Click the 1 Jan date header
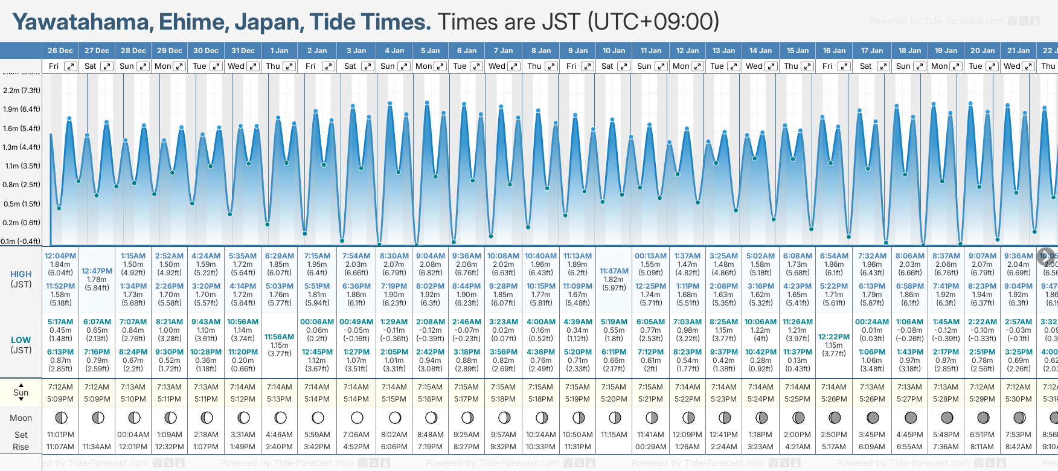279,51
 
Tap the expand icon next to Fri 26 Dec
71,66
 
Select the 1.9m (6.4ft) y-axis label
21,109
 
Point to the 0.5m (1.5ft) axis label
21,204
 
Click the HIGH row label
21,274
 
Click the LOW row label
21,340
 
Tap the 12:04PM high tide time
60,256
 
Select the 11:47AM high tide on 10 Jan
614,271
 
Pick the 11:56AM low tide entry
279,337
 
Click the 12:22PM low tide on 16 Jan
833,337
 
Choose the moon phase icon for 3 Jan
357,417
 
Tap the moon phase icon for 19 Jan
946,417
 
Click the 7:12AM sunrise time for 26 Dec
60,387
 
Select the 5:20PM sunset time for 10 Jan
614,399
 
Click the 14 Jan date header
761,51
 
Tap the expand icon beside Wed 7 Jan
514,66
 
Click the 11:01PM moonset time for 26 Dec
60,435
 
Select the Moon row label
21,418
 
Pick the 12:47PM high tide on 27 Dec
97,271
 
